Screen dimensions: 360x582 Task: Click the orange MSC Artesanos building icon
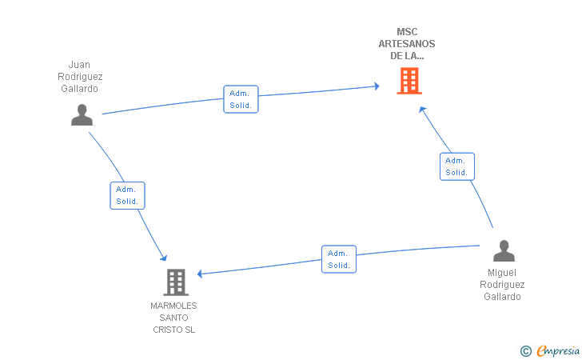pos(409,81)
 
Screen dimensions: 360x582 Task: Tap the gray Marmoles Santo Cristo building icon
pos(175,282)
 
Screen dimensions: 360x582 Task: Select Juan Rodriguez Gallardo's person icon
pos(82,115)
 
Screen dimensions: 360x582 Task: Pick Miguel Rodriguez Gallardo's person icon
pos(503,251)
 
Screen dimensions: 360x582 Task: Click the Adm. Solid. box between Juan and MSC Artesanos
pos(241,99)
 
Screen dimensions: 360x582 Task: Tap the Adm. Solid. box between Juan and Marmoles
pos(127,195)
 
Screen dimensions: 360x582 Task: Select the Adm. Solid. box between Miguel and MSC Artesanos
pos(456,166)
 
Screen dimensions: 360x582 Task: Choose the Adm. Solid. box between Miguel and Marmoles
pos(339,259)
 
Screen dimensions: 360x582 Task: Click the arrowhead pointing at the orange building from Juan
pos(375,85)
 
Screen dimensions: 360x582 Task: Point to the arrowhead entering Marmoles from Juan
pos(163,257)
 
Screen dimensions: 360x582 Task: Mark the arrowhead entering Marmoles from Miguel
pos(201,274)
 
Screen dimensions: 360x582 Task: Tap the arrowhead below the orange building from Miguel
pos(422,110)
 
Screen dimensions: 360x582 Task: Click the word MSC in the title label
pos(407,32)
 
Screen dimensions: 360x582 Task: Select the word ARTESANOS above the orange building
pos(407,44)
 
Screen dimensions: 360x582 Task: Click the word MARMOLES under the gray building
pos(173,306)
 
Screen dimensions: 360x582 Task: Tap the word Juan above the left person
pos(79,65)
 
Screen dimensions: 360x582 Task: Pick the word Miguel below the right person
pos(502,273)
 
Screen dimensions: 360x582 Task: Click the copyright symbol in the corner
pos(525,350)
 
